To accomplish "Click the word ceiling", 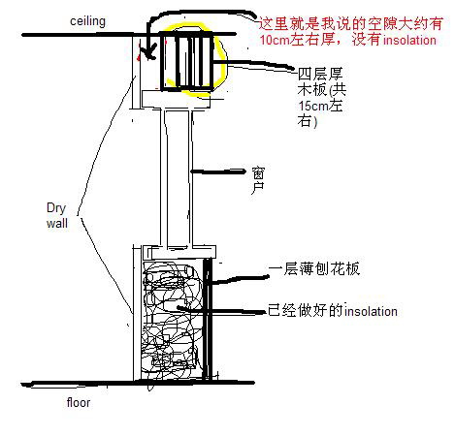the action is click(x=87, y=21).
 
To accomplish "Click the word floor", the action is click(x=79, y=402).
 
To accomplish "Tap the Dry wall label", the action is click(x=57, y=215).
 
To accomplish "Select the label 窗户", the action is click(x=258, y=180).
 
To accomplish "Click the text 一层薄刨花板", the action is click(x=314, y=268).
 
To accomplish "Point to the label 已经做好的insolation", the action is click(x=333, y=310).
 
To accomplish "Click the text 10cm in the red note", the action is click(x=275, y=40).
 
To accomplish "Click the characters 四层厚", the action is click(x=320, y=74).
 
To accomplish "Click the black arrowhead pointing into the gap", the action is click(x=149, y=54).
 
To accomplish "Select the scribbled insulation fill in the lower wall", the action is click(x=172, y=320).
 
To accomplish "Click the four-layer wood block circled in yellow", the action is click(x=187, y=61).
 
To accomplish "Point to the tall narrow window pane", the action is click(x=178, y=177).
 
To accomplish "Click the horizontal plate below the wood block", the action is click(x=176, y=99).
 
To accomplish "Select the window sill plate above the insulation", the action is click(x=179, y=252).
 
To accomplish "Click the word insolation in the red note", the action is click(x=409, y=40).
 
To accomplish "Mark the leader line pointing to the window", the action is click(x=217, y=171).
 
